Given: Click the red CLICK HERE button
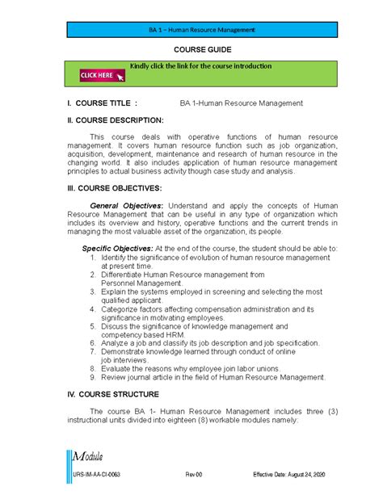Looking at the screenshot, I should [x=102, y=76].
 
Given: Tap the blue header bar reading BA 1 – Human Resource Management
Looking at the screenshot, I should [x=191, y=30].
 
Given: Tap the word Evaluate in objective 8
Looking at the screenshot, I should [x=119, y=367].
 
